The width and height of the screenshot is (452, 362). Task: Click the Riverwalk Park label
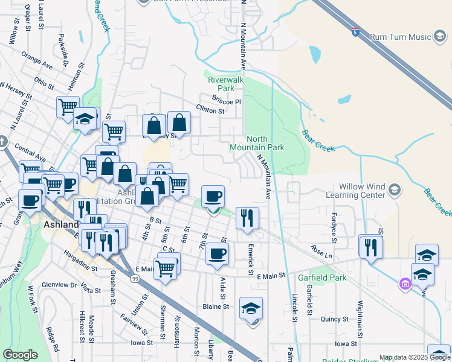coord(225,84)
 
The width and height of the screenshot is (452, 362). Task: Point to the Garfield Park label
coord(322,278)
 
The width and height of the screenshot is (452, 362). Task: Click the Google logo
coord(21,355)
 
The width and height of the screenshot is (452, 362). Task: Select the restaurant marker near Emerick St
coord(247,218)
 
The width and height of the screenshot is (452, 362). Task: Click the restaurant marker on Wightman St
coord(370,247)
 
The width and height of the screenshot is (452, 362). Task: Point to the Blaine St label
coord(216,306)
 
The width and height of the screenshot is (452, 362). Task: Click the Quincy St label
coord(331,319)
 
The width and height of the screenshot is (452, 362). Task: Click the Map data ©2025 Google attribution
coord(414,357)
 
